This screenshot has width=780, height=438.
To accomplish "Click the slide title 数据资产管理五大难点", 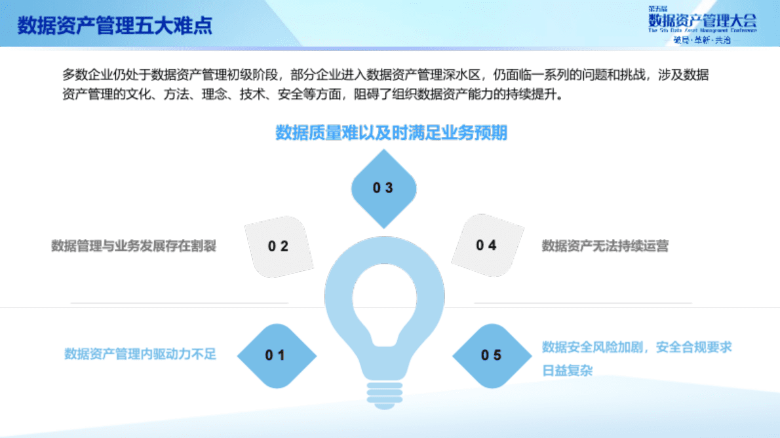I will [x=115, y=26].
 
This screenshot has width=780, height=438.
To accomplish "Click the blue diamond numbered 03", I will [x=383, y=188].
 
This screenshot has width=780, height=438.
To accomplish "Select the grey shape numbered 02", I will [x=278, y=246].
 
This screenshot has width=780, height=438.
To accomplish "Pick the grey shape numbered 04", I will [x=486, y=246].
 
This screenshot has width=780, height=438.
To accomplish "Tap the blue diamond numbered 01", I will [x=276, y=356].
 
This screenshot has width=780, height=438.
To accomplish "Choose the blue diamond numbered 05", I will [x=491, y=356].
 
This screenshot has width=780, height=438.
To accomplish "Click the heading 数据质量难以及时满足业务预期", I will [x=391, y=133].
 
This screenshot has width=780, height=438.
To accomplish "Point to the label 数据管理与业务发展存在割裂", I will [x=134, y=246].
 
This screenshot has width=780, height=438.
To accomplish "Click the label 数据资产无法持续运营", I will [x=604, y=246].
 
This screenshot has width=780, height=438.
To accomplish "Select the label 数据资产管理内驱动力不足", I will [x=140, y=354].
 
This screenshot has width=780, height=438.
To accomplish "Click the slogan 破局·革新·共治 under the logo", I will [x=702, y=40].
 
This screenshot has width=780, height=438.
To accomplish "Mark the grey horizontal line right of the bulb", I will [x=583, y=303].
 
